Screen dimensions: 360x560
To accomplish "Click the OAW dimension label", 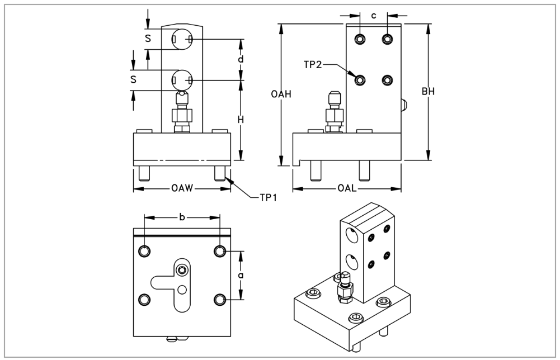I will [x=182, y=188].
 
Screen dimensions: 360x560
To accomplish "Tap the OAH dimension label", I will [x=280, y=94].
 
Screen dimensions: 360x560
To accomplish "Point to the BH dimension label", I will [x=429, y=91].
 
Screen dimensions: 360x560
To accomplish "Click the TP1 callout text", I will [x=268, y=197].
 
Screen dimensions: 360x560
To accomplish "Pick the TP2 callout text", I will [x=314, y=65].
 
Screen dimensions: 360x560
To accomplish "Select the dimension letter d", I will [x=241, y=59].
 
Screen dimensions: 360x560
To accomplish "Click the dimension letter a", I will [x=241, y=276].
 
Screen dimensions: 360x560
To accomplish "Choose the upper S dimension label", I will [x=148, y=39].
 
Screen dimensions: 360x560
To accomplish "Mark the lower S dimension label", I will [x=133, y=79].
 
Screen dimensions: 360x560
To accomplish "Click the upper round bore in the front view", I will [x=182, y=39].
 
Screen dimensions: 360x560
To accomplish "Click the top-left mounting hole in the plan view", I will [x=145, y=251].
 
